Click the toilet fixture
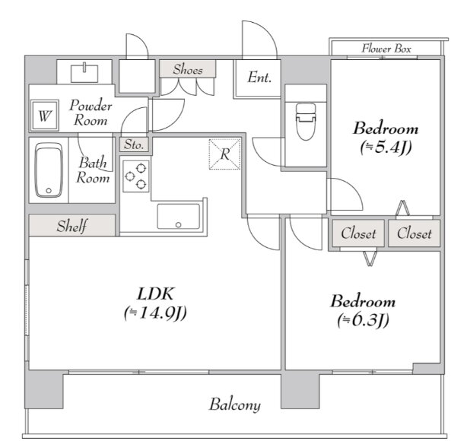point(306,122)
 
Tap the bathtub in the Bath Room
point(49,170)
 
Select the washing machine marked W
point(45,116)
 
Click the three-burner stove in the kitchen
point(136,176)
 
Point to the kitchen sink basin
point(179,217)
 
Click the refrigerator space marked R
point(224,154)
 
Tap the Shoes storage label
point(188,69)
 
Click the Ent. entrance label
point(259,78)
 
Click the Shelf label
point(71,226)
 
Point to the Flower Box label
point(386,49)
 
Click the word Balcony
point(235,405)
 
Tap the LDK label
point(155,294)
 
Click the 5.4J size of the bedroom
point(386,147)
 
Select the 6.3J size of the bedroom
point(364,320)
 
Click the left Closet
point(358,233)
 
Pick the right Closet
point(415,233)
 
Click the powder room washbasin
point(84,73)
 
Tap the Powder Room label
point(91,113)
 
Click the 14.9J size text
point(155,313)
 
